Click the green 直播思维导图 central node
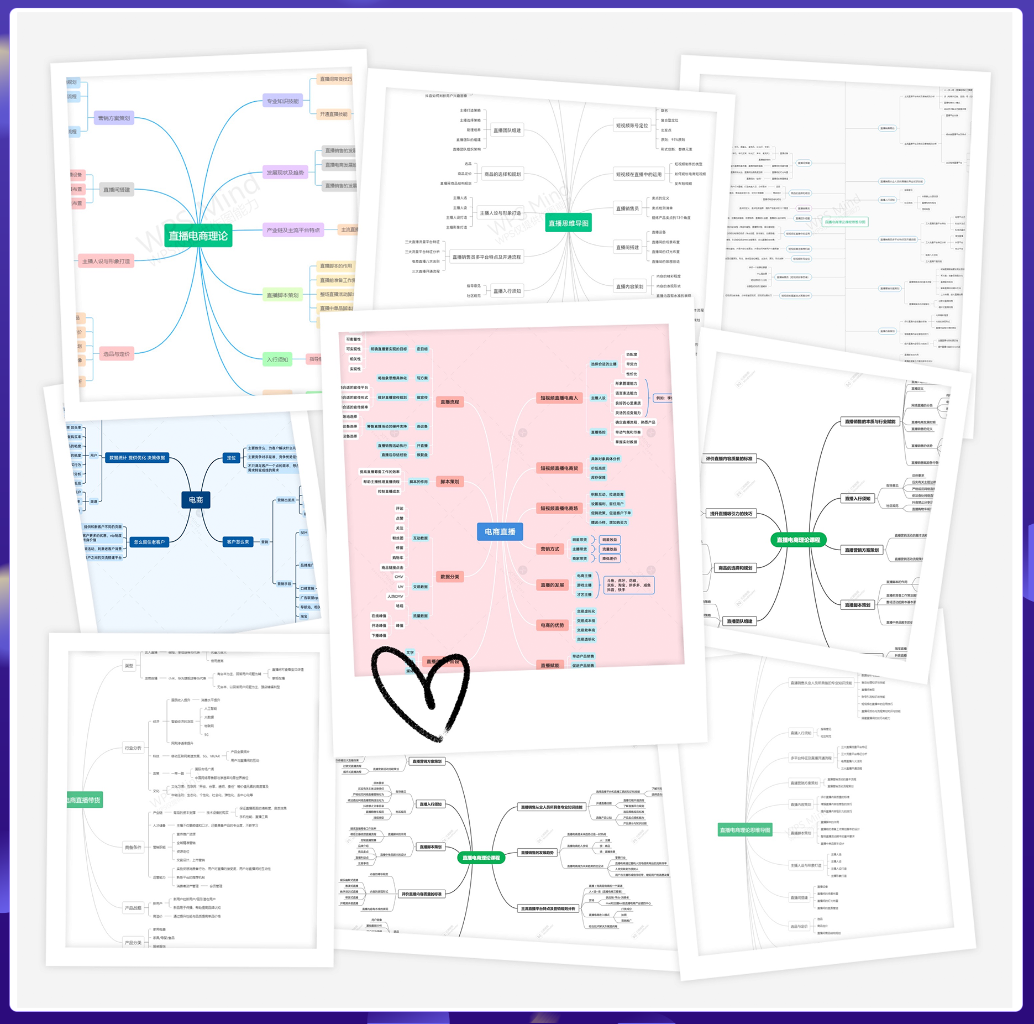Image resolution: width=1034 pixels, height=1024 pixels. [568, 223]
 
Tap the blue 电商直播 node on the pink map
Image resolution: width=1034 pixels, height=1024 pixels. [500, 531]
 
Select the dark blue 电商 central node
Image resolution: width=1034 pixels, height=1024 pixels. [196, 500]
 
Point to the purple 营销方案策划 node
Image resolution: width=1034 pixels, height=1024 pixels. [114, 118]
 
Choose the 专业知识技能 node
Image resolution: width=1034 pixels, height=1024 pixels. [282, 101]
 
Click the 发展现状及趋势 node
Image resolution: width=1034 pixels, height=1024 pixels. [285, 173]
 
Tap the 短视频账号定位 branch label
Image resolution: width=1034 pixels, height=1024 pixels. [632, 126]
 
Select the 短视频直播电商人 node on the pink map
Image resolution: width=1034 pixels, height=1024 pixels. [559, 398]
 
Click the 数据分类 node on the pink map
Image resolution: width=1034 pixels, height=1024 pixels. [450, 577]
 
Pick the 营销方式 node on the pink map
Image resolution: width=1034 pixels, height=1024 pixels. [549, 549]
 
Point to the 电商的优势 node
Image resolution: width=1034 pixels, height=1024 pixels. [552, 625]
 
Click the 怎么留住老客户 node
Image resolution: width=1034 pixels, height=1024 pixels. [149, 542]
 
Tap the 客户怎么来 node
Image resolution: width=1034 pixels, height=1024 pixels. [238, 542]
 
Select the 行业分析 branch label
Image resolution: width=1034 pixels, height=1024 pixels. [133, 748]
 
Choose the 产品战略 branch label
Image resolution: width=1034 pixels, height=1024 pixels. [133, 908]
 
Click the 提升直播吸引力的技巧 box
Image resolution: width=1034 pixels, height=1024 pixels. [731, 514]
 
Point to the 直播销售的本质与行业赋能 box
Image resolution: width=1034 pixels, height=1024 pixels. [870, 422]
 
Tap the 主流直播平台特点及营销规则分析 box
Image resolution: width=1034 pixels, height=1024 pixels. [548, 908]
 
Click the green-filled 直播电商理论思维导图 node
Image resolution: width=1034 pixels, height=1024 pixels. [745, 830]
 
